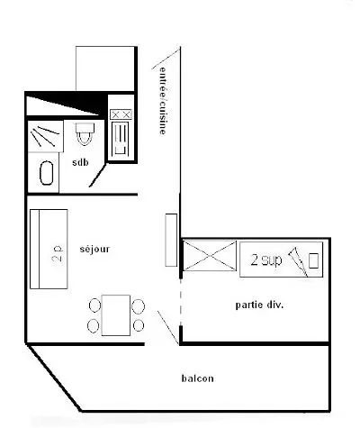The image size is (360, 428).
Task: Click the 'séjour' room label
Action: pyautogui.click(x=94, y=250)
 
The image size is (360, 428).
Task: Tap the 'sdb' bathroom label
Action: pyautogui.click(x=80, y=162)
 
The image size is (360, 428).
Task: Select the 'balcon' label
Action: pyautogui.click(x=198, y=378)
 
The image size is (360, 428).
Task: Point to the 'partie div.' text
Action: pyautogui.click(x=259, y=305)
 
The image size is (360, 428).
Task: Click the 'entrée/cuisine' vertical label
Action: pyautogui.click(x=162, y=100)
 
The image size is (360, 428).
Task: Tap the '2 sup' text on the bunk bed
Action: pyautogui.click(x=266, y=260)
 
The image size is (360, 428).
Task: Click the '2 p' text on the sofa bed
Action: pyautogui.click(x=58, y=254)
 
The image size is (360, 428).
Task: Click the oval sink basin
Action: pyautogui.click(x=47, y=173)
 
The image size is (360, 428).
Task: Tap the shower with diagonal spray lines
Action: pyautogui.click(x=45, y=136)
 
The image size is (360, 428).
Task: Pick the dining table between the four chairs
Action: pyautogui.click(x=116, y=315)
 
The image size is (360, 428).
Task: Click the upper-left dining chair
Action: pyautogui.click(x=95, y=305)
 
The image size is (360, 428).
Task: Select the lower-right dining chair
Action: pyautogui.click(x=139, y=325)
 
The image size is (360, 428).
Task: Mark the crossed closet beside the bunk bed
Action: pyautogui.click(x=210, y=256)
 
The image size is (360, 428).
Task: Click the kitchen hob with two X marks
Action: pyautogui.click(x=121, y=114)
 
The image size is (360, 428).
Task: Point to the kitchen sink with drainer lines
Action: pyautogui.click(x=121, y=139)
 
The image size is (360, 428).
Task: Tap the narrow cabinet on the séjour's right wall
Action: pyautogui.click(x=171, y=240)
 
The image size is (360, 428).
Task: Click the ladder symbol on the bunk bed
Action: pyautogui.click(x=299, y=262)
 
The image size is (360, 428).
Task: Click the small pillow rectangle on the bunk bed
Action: pyautogui.click(x=313, y=260)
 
